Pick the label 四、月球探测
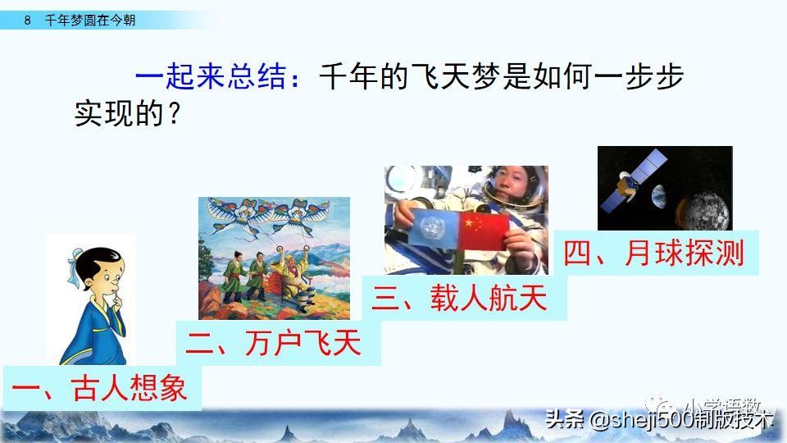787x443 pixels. (653, 253)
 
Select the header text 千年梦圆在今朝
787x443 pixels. (90, 21)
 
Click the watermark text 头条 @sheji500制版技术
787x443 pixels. (659, 419)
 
